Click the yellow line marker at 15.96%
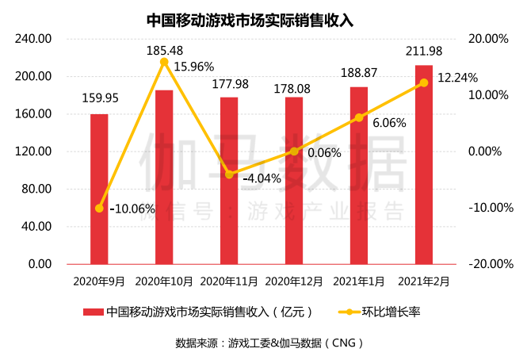pos(164,62)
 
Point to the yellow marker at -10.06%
pos(99,209)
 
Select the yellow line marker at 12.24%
pos(424,82)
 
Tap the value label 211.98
pos(424,52)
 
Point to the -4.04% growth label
pos(262,178)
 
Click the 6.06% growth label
pos(389,123)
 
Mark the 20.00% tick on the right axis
pos(488,39)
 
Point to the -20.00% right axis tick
pos(487,264)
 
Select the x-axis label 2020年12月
pos(294,281)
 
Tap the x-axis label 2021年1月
pos(359,281)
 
